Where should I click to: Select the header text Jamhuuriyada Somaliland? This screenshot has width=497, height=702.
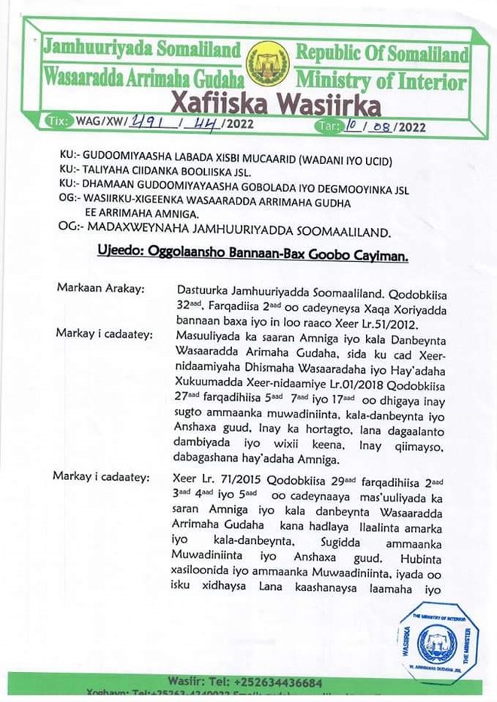coord(142,51)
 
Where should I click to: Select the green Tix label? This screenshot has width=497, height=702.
coord(56,121)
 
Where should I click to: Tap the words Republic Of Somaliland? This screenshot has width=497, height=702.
coord(382,54)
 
